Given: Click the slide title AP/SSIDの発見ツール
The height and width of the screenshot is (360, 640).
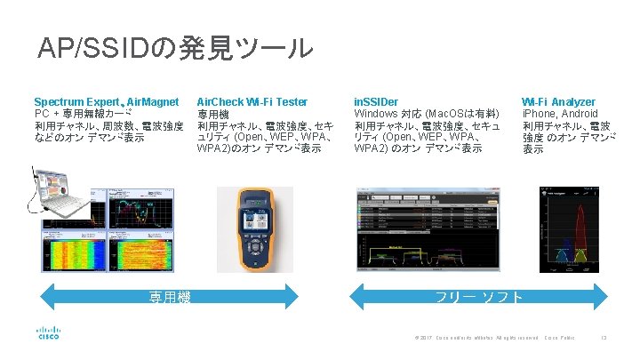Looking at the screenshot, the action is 175,47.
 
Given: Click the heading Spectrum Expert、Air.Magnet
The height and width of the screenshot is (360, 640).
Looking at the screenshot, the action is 106,102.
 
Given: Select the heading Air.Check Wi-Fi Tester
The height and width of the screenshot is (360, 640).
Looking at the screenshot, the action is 252,102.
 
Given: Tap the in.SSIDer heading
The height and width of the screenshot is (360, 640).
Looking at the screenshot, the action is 376,102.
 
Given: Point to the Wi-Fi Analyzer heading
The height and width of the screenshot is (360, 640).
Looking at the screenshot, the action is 558,102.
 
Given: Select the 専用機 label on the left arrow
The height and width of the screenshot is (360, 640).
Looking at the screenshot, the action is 169,297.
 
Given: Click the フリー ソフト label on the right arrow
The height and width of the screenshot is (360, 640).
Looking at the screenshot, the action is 479,297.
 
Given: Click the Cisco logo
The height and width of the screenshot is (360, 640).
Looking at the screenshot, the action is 47,332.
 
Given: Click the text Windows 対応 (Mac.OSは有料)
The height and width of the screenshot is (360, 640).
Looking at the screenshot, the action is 426,114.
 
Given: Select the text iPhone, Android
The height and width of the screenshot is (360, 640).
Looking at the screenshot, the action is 560,115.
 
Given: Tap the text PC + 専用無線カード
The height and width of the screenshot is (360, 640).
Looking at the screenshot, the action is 84,114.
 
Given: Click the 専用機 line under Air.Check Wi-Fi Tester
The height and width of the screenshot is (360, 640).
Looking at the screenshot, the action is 212,115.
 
